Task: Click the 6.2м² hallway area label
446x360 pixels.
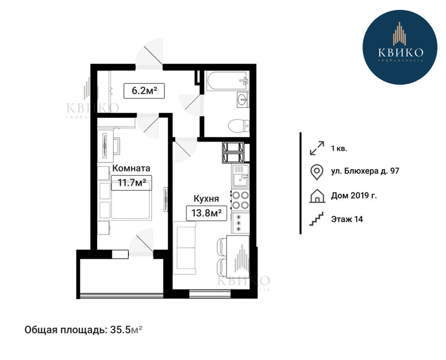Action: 144,91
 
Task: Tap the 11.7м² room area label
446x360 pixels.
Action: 132,183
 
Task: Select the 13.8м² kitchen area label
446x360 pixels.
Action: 207,213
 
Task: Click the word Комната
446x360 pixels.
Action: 131,168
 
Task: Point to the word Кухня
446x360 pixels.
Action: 206,199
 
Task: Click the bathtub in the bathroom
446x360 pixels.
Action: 228,81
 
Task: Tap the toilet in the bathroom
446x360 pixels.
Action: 238,125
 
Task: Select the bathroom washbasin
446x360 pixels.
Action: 243,100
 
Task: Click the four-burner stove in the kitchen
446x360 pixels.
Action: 240,200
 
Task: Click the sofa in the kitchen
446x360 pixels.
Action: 185,248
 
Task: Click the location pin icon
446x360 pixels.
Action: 317,172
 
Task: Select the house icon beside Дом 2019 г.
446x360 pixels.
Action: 317,196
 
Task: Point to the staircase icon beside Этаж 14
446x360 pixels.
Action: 317,219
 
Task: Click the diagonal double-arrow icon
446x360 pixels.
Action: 317,148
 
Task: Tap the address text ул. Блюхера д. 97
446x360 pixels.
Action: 365,171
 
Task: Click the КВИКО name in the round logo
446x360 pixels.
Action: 401,52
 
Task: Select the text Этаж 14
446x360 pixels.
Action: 347,219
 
